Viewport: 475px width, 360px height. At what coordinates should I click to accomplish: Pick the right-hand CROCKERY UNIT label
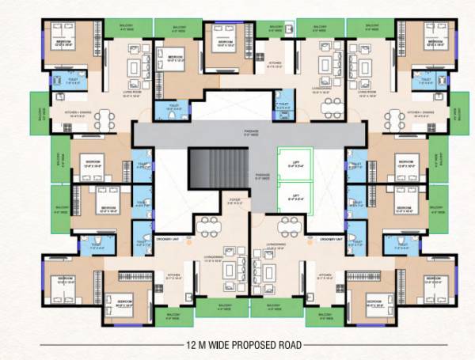pos(330,238)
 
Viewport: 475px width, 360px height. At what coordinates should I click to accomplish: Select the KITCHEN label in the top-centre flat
pos(275,65)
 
